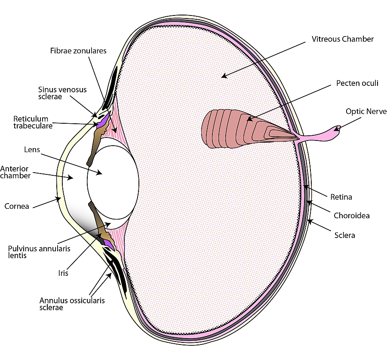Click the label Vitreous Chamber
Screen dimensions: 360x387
[x=343, y=39]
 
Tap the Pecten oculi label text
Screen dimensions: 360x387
[x=357, y=83]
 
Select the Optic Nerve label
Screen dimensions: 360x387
[x=366, y=111]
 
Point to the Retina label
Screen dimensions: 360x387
[x=341, y=197]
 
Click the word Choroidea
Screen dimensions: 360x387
[x=351, y=216]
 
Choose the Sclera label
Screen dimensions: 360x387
[x=344, y=235]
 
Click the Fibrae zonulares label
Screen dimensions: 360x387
[x=78, y=51]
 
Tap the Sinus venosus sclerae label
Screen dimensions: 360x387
[x=62, y=93]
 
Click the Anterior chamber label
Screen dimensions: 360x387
[x=15, y=172]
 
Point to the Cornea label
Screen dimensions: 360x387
[x=17, y=206]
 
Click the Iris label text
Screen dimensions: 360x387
[x=63, y=273]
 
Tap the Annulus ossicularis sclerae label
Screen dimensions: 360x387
[x=72, y=304]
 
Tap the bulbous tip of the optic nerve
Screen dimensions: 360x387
[x=337, y=128]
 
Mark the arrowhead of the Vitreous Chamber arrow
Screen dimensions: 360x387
[x=223, y=76]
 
